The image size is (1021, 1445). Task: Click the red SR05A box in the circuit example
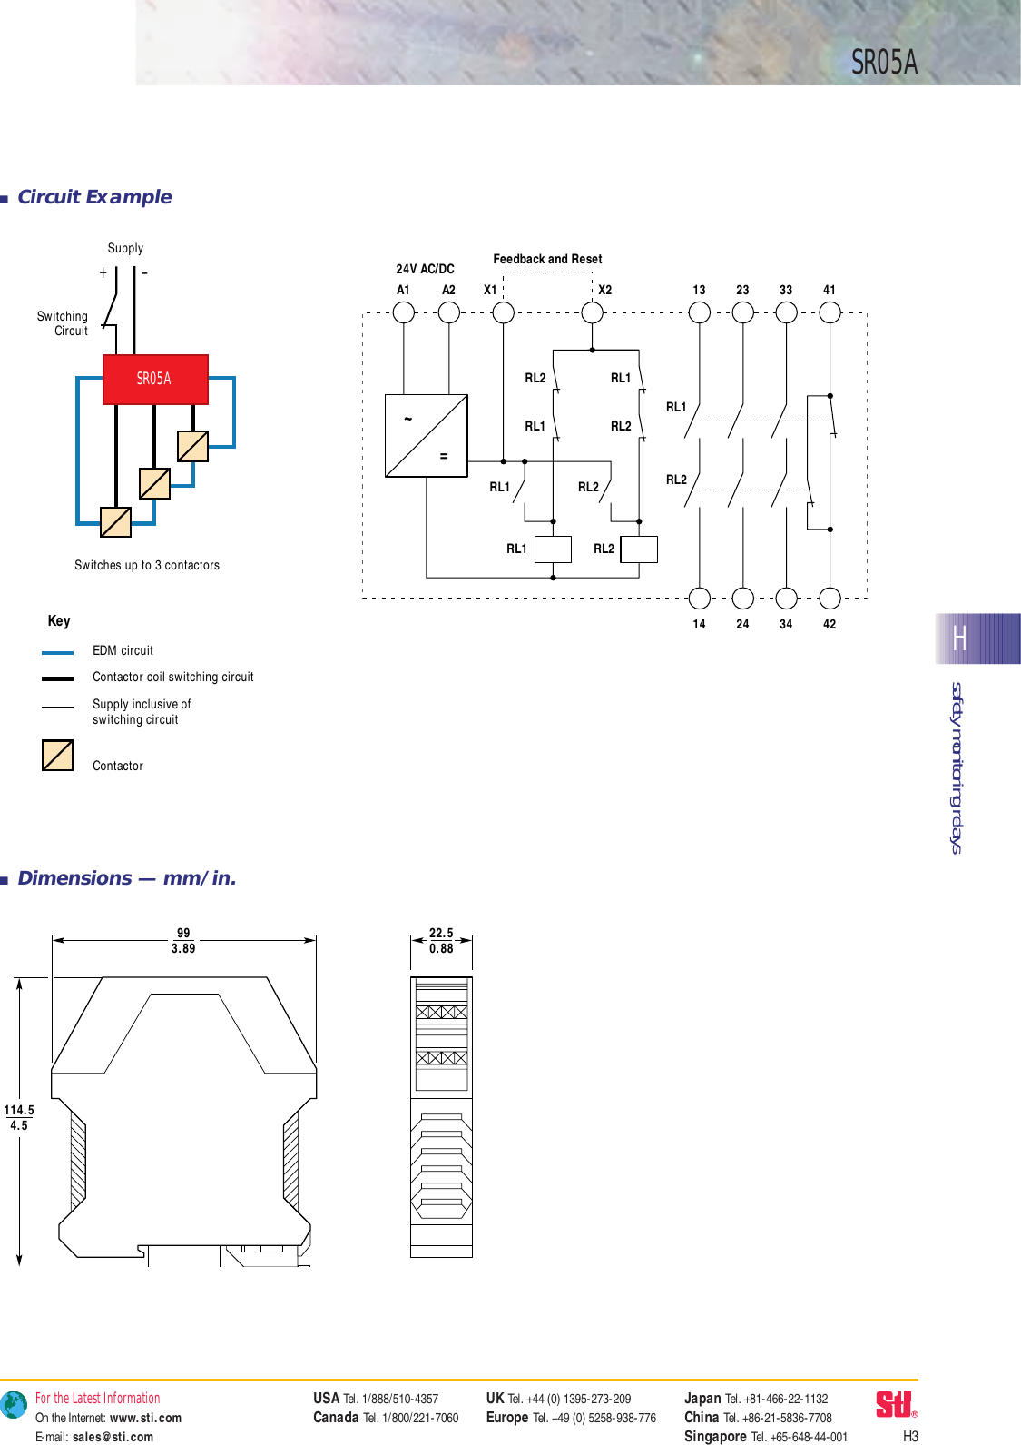[x=155, y=379]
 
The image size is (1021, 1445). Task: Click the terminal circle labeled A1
[x=404, y=312]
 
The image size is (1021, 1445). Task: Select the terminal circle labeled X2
[x=593, y=312]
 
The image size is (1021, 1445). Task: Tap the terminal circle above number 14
[x=700, y=598]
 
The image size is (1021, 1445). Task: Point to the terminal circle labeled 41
[x=830, y=312]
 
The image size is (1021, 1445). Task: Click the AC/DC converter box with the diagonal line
[x=427, y=435]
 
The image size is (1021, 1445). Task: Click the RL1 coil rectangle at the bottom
[x=553, y=549]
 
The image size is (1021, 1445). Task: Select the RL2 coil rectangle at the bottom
[x=639, y=549]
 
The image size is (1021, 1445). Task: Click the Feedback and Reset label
[x=547, y=259]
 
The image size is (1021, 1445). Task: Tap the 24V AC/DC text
[x=425, y=269]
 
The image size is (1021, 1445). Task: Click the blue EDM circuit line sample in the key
[x=57, y=652]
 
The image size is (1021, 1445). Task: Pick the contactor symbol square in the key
[x=57, y=755]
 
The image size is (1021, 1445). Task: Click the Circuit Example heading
[x=94, y=197]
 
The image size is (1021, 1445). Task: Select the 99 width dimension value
[x=183, y=933]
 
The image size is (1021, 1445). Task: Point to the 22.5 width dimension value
[x=441, y=933]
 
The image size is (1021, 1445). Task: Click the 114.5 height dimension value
[x=19, y=1110]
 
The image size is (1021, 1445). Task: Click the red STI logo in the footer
[x=895, y=1404]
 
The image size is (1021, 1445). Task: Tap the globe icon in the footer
[x=14, y=1405]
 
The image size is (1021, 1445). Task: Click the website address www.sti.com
[x=145, y=1418]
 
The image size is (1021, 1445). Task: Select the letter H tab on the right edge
[x=960, y=639]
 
